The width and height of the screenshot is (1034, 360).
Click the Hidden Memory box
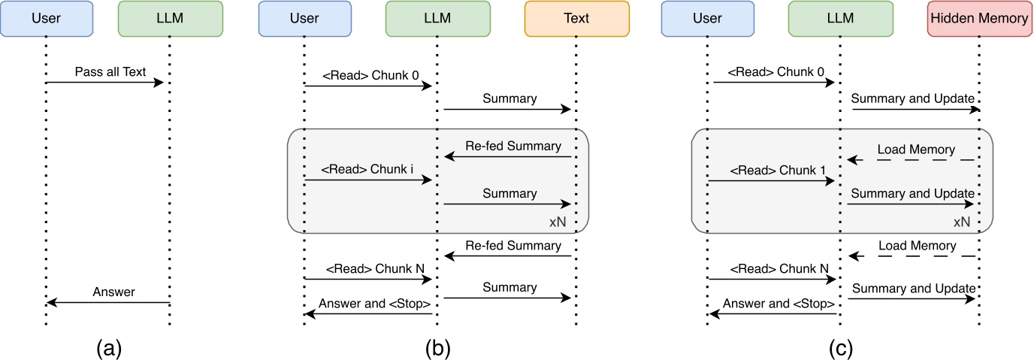click(979, 19)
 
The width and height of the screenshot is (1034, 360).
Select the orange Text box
click(576, 19)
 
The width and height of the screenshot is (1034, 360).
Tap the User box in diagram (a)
click(47, 19)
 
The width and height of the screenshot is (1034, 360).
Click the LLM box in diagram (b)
click(437, 19)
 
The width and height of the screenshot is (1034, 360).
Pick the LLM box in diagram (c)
click(839, 19)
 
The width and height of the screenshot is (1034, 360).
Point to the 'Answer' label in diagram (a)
click(113, 292)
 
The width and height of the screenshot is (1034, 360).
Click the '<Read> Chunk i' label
click(368, 170)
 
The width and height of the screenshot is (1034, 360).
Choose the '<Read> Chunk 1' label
click(772, 170)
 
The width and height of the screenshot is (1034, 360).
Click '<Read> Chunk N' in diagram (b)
click(368, 268)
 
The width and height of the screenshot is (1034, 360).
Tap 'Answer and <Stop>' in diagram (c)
click(779, 304)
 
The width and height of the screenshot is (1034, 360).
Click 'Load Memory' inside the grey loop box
click(916, 149)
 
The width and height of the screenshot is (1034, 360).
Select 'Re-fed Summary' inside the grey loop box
click(513, 146)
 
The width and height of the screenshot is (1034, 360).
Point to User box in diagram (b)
click(304, 19)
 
